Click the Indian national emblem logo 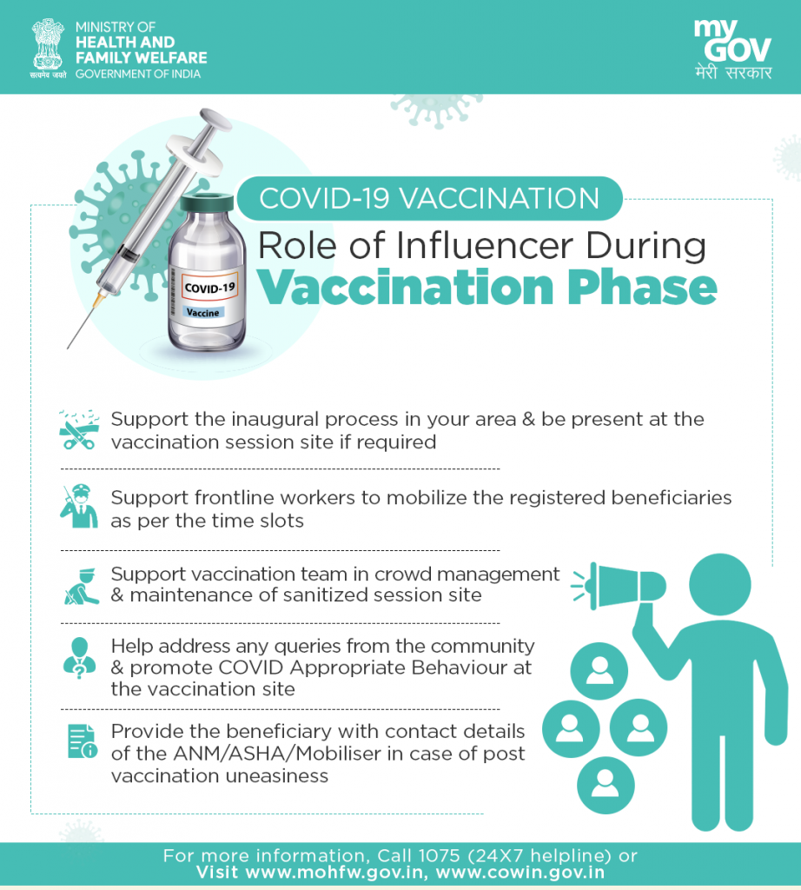click(x=49, y=48)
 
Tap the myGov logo click(x=732, y=50)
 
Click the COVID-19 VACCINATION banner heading click(x=429, y=198)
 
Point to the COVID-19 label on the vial click(x=209, y=287)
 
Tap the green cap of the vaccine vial click(x=207, y=202)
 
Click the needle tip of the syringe click(x=68, y=348)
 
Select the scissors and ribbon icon click(x=79, y=429)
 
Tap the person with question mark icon click(x=79, y=659)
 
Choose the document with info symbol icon click(x=82, y=741)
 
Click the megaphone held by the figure click(x=619, y=587)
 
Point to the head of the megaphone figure click(x=720, y=584)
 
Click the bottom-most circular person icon click(x=606, y=785)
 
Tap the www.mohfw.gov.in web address click(x=334, y=873)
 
